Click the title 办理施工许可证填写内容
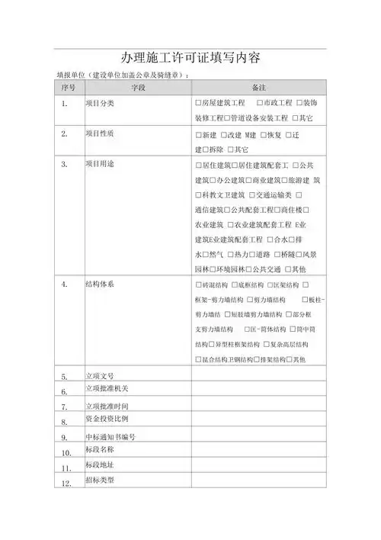point(190,59)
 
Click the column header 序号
point(68,88)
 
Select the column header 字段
point(137,88)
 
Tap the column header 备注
point(259,88)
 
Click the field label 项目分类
point(99,103)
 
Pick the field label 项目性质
point(99,133)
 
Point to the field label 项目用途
point(99,164)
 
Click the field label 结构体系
point(99,284)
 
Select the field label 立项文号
point(99,376)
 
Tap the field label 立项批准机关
point(104,391)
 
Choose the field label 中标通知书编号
point(109,437)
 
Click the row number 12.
point(66,484)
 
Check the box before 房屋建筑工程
point(198,103)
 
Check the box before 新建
point(198,134)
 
